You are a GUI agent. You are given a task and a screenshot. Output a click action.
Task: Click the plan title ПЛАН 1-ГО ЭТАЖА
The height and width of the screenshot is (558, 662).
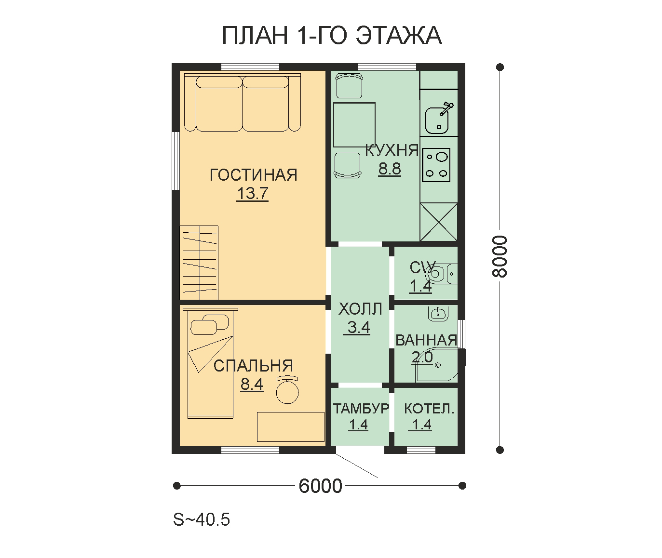click(332, 35)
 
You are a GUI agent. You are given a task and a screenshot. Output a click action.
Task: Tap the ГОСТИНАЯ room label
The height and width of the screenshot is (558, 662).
click(253, 175)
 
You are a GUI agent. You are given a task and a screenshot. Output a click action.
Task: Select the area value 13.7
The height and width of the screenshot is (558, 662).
click(252, 193)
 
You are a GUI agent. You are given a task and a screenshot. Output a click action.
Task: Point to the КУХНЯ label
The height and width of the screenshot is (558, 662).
click(392, 150)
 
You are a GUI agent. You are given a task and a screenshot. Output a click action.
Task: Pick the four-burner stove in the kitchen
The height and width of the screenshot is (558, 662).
click(436, 165)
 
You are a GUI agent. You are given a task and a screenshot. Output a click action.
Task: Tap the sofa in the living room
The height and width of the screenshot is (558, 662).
click(243, 102)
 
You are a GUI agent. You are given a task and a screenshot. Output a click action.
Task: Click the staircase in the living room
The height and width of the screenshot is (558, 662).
click(199, 262)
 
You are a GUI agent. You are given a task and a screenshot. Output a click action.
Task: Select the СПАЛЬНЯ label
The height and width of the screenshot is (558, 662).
click(253, 366)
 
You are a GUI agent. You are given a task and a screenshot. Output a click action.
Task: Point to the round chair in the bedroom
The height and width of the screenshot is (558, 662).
click(287, 390)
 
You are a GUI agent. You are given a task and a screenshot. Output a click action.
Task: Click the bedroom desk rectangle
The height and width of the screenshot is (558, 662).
click(290, 427)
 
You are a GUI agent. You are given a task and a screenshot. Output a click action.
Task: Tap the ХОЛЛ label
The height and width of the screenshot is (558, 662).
click(360, 309)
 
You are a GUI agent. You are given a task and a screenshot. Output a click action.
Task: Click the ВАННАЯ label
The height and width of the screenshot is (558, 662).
click(426, 340)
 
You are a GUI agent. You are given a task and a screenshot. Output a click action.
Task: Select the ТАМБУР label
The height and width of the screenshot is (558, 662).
click(361, 409)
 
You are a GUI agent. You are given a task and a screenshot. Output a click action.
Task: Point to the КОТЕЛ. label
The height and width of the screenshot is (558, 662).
click(429, 409)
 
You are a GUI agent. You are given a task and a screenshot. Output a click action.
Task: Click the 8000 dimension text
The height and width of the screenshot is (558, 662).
click(500, 256)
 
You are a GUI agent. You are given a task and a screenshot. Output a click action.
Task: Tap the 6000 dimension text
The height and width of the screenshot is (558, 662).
click(321, 486)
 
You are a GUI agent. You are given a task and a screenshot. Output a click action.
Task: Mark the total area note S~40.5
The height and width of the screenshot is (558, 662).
click(202, 519)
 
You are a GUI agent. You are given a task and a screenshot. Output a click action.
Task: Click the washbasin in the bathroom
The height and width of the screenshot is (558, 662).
click(438, 314)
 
